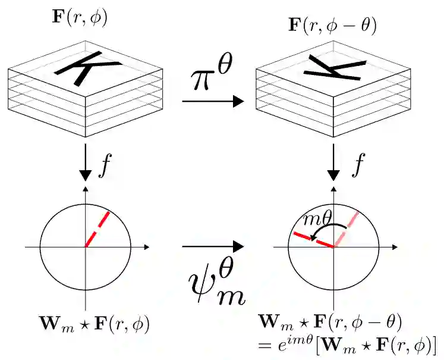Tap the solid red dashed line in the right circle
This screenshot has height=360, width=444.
tap(313, 240)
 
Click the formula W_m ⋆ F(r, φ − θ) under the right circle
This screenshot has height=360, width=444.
tap(331, 322)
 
